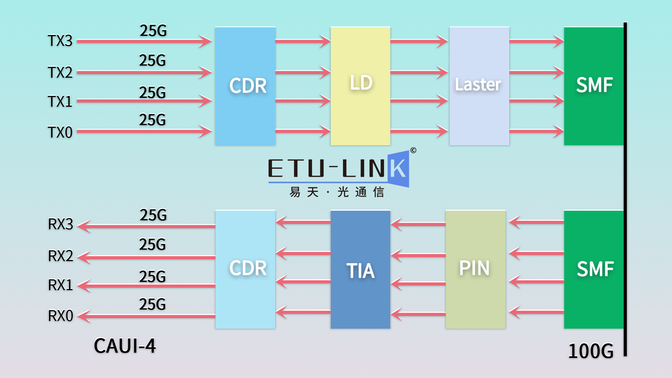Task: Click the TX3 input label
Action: (x=60, y=41)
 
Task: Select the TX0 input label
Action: (x=60, y=133)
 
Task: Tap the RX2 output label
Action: (x=60, y=256)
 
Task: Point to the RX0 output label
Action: (x=60, y=316)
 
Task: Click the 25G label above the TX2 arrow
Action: (x=152, y=61)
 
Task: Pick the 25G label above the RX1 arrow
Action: (x=152, y=277)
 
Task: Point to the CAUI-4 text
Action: (x=125, y=346)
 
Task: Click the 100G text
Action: (x=591, y=351)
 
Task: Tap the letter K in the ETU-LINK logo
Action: (x=398, y=169)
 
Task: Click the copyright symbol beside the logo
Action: (x=413, y=150)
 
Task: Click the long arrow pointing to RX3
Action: (x=147, y=226)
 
